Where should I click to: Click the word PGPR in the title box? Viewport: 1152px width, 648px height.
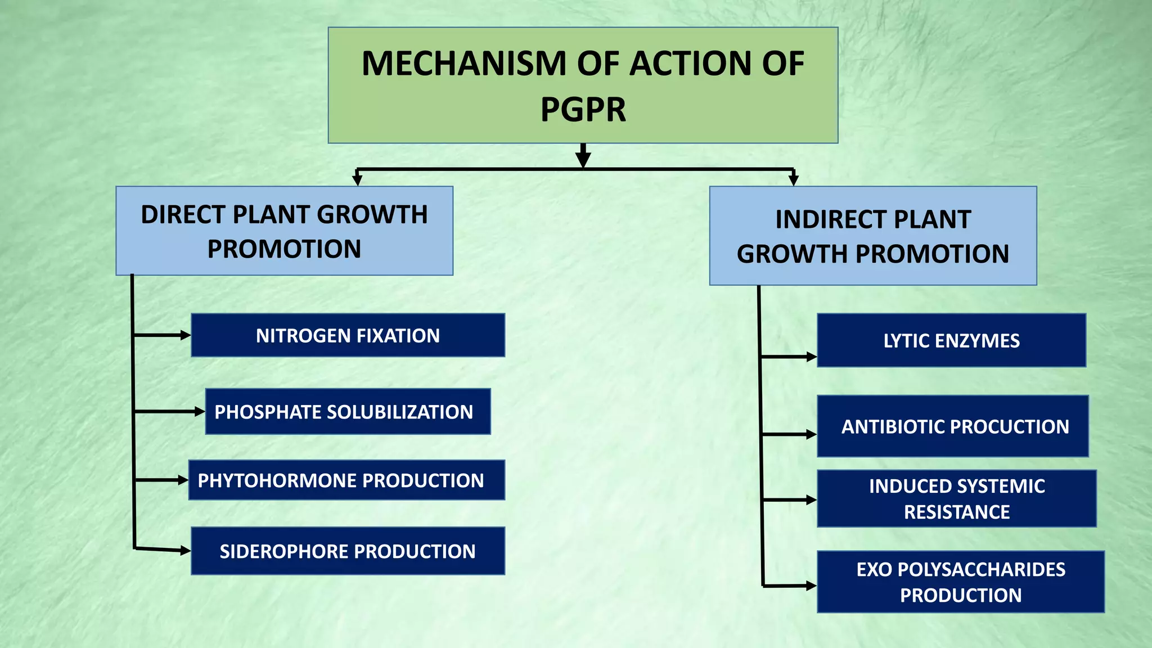pos(583,110)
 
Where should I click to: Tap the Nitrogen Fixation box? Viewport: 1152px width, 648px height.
pos(348,335)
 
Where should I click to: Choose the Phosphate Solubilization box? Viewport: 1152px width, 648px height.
pos(348,412)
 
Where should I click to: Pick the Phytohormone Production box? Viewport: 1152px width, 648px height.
pos(346,480)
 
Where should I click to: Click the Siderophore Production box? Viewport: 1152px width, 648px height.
pos(348,551)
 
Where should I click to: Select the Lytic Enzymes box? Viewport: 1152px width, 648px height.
pos(951,341)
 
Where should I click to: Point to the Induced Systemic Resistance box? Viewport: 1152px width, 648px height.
pos(956,499)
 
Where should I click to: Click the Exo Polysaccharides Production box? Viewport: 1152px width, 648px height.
pos(960,582)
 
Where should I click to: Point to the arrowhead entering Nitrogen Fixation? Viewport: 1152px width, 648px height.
pos(186,335)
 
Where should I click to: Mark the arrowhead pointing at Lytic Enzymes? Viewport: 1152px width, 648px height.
pos(811,357)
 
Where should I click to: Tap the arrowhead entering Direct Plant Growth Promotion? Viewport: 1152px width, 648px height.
pos(357,180)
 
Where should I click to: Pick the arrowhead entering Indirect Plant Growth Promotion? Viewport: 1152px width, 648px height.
pos(793,180)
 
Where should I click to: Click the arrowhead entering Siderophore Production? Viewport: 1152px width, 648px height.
pos(186,551)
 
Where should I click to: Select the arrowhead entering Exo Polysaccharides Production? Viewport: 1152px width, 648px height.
pos(811,586)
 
